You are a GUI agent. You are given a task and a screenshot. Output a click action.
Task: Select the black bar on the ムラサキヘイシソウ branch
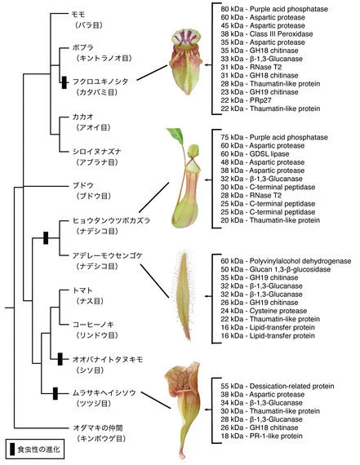(x=55, y=393)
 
